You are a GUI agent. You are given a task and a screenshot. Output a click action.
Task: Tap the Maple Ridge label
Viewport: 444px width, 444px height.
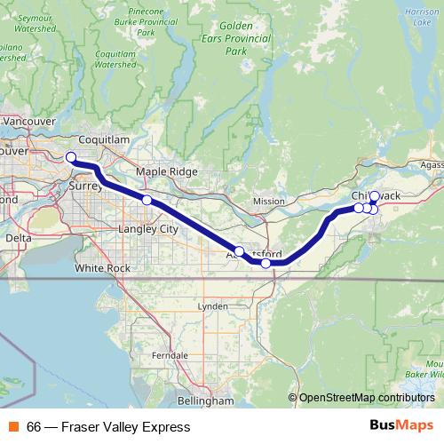point(159,171)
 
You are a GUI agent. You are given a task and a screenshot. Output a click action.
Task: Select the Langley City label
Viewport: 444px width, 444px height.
point(148,229)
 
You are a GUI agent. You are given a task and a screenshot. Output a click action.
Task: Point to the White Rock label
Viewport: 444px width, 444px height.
point(102,267)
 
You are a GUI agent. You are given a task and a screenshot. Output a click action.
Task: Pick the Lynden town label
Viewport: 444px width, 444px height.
point(212,306)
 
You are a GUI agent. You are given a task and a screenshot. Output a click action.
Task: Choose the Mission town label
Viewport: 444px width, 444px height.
point(268,201)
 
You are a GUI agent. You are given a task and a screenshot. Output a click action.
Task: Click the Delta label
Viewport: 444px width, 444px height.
point(18,238)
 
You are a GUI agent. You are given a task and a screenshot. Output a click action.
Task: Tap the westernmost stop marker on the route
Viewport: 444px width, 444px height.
point(72,157)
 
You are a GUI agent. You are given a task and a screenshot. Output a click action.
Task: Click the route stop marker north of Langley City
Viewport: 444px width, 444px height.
point(147,201)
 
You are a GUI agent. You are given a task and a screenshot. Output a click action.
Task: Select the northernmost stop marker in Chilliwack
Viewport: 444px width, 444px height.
point(374,196)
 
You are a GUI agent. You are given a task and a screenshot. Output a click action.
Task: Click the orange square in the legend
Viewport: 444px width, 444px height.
point(13,427)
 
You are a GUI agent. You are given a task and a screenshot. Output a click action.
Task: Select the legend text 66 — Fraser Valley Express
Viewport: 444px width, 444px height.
point(108,427)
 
